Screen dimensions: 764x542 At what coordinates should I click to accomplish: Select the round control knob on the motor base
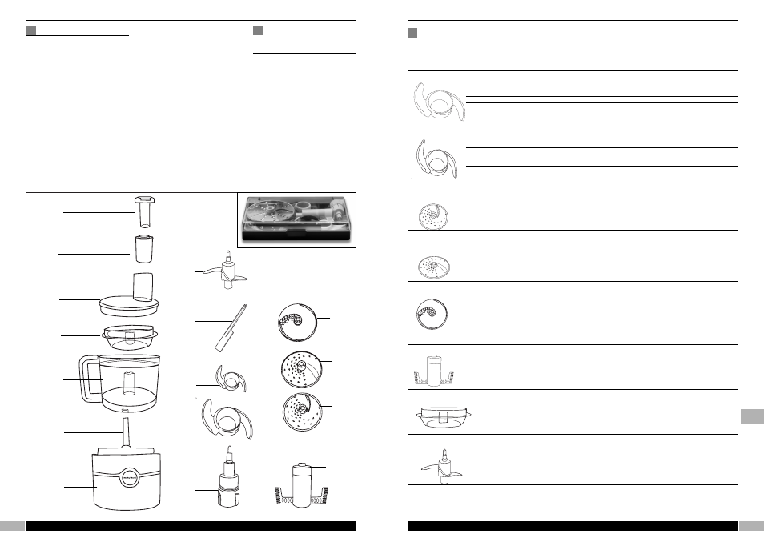click(128, 474)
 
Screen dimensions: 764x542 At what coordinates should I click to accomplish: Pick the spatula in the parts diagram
click(227, 329)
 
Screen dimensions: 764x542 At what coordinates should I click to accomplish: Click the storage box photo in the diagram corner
click(296, 218)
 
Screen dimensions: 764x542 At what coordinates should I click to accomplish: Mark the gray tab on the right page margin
click(751, 417)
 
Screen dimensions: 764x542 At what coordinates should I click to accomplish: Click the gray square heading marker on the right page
click(413, 32)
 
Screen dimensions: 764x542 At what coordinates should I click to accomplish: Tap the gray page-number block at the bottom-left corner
click(11, 526)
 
